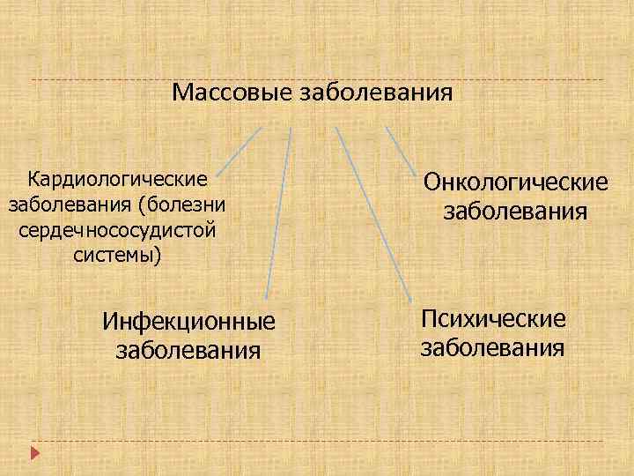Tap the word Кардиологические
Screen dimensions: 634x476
(x=118, y=180)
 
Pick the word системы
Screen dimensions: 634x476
(x=119, y=256)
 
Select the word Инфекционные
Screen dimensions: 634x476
(x=189, y=324)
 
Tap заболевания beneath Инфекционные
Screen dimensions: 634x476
(x=189, y=350)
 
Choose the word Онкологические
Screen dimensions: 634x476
(x=516, y=182)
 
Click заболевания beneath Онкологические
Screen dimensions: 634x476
(x=516, y=212)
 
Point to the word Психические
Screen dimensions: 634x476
(x=494, y=318)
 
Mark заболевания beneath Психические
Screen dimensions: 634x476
(x=494, y=347)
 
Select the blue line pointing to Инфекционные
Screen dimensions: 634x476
(x=279, y=212)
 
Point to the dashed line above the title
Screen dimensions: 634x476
(x=317, y=80)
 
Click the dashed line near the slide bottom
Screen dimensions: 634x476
(x=317, y=441)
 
